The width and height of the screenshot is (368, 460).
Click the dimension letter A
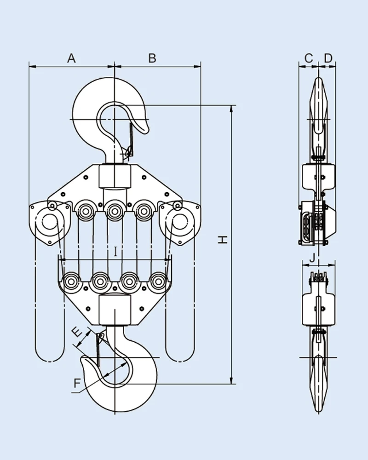tap(71, 58)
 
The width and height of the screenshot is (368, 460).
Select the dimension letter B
tap(152, 58)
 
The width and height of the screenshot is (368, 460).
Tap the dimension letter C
tap(309, 58)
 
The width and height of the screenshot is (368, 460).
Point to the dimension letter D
tap(328, 58)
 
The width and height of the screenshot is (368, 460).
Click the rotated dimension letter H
tap(223, 240)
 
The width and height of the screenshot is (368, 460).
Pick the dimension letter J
tap(313, 258)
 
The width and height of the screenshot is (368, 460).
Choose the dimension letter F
tap(77, 382)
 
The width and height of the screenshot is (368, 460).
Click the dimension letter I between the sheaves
tap(116, 251)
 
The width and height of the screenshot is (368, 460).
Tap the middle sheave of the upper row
tap(114, 211)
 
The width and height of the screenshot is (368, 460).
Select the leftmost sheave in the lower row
tap(71, 282)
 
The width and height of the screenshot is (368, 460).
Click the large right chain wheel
tap(179, 223)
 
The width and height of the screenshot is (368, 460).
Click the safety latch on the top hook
tap(130, 138)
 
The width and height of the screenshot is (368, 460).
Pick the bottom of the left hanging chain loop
tap(50, 359)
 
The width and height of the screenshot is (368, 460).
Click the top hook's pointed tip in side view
tap(318, 79)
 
